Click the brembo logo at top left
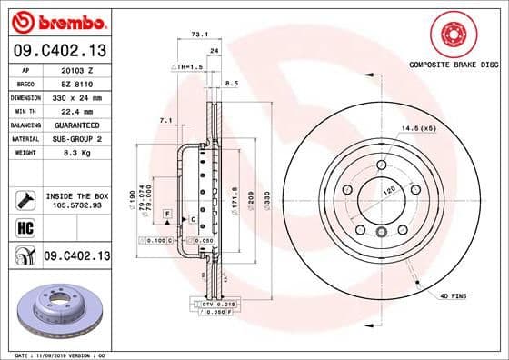pyautogui.click(x=57, y=21)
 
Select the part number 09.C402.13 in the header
pyautogui.click(x=58, y=50)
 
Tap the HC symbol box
pyautogui.click(x=25, y=227)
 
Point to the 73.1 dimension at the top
pyautogui.click(x=198, y=33)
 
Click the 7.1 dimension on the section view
pyautogui.click(x=165, y=120)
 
